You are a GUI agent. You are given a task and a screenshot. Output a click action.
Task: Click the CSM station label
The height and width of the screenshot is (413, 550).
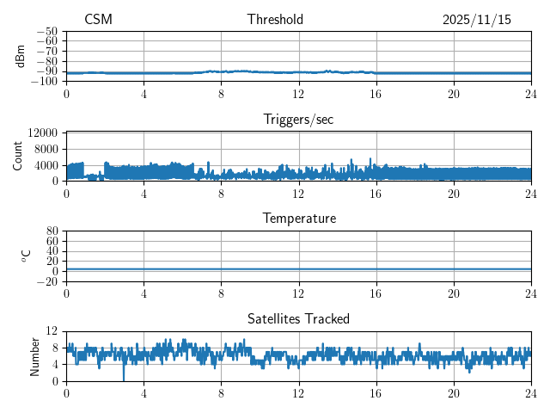[x=98, y=20]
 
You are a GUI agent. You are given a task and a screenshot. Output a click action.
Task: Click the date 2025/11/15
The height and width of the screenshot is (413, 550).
[x=476, y=20]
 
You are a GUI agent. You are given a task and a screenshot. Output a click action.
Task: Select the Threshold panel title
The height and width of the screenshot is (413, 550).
[x=275, y=20]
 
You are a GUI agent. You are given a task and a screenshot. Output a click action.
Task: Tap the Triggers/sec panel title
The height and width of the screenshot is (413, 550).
[x=298, y=120]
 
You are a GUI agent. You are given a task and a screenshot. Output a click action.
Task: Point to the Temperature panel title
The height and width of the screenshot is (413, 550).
[x=298, y=219]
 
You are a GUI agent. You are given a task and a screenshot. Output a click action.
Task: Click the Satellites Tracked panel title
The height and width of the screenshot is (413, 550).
[x=298, y=318]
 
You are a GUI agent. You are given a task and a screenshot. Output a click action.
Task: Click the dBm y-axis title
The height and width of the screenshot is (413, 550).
[x=20, y=55]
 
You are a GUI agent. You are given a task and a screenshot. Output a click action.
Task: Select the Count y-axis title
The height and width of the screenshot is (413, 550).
[x=18, y=156]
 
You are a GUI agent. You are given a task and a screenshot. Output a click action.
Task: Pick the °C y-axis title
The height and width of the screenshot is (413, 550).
[x=26, y=256]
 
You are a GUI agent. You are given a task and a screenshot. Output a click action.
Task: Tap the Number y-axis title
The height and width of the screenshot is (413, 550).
[x=34, y=355]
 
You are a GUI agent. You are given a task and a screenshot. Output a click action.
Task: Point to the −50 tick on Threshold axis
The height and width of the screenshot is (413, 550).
[x=47, y=31]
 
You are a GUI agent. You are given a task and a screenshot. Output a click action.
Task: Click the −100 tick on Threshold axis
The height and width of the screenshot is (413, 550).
[x=45, y=81]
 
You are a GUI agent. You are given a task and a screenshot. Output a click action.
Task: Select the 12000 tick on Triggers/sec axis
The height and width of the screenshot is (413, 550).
[x=42, y=133]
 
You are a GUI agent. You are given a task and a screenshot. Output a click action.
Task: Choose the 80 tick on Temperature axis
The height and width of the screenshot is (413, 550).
[x=52, y=231]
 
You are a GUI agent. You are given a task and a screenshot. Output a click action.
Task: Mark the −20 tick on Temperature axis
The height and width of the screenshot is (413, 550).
[x=47, y=281]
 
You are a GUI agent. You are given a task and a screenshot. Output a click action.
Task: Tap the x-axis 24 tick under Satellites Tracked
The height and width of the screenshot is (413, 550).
[x=530, y=392]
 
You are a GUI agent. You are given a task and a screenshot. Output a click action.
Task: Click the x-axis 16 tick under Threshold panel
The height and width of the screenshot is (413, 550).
[x=376, y=93]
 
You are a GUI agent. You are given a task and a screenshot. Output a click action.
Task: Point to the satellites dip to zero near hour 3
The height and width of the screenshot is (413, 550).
[x=124, y=378]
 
